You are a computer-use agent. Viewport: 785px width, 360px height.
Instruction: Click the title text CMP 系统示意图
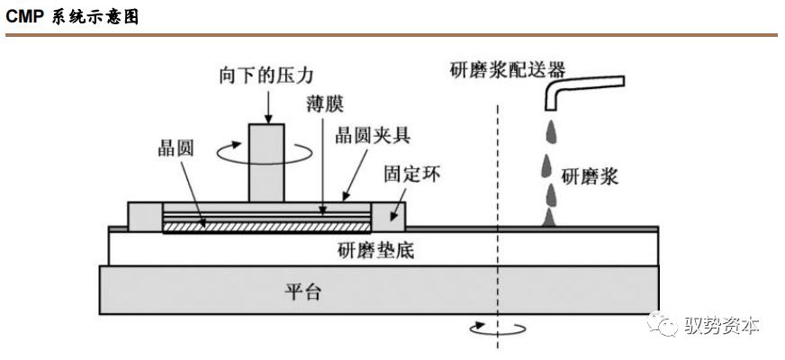[x=73, y=17]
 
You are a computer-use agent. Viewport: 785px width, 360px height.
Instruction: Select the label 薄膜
[x=325, y=105]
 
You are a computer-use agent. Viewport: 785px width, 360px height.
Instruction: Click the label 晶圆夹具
[x=373, y=135]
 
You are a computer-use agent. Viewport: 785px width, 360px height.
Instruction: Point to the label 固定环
[x=412, y=175]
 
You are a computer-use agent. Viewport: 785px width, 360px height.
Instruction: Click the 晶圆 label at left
[x=176, y=149]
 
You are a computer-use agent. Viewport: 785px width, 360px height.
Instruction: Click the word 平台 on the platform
[x=302, y=292]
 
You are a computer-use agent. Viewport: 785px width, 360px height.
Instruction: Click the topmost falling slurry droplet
[x=551, y=131]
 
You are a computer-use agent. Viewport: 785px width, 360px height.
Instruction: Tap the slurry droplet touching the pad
[x=550, y=219]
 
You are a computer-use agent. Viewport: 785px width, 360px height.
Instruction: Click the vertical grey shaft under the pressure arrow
[x=266, y=163]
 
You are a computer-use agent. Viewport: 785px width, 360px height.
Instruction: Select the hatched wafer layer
[x=266, y=227]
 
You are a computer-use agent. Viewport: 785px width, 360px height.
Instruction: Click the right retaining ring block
[x=388, y=217]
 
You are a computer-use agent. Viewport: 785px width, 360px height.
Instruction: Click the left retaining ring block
[x=146, y=217]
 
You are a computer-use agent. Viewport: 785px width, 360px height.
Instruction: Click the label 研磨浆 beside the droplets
[x=590, y=176]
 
